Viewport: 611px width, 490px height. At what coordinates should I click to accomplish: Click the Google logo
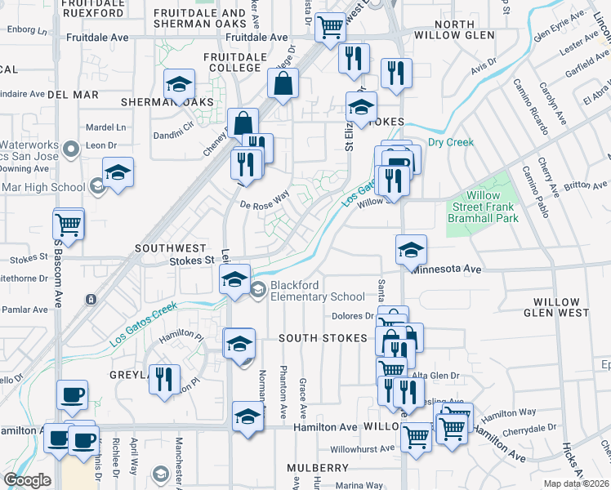click(x=27, y=480)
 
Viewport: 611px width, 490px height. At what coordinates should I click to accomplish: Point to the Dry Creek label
click(x=451, y=142)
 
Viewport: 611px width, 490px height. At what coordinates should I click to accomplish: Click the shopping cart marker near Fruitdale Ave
click(x=330, y=27)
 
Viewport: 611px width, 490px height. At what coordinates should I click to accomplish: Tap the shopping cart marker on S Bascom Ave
click(x=69, y=222)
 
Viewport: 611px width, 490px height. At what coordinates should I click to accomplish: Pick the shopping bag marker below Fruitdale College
click(x=283, y=83)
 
